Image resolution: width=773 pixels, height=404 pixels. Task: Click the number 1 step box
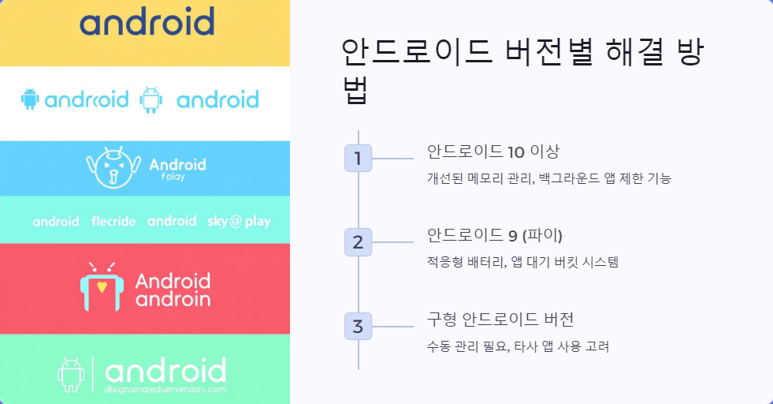[358, 159]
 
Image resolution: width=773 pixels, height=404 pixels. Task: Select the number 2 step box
[358, 242]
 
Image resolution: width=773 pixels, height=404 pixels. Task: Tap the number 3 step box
[358, 326]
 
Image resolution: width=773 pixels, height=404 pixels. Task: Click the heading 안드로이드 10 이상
[493, 151]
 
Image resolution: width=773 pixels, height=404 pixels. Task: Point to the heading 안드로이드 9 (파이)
[494, 235]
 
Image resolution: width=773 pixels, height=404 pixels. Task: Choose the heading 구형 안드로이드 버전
[500, 320]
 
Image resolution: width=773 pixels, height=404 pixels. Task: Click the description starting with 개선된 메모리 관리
[548, 178]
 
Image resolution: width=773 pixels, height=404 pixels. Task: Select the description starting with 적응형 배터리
[522, 262]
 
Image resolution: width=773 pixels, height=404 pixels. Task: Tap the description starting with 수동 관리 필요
[518, 346]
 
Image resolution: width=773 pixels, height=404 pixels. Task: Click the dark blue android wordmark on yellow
[147, 22]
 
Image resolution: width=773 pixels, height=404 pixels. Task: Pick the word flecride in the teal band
[113, 222]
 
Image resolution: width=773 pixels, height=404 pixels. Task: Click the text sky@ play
[239, 222]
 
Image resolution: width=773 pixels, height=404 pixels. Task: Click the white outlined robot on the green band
[71, 375]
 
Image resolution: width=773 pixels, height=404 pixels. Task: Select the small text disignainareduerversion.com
[165, 389]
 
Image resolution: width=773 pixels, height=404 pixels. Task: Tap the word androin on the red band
[173, 299]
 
